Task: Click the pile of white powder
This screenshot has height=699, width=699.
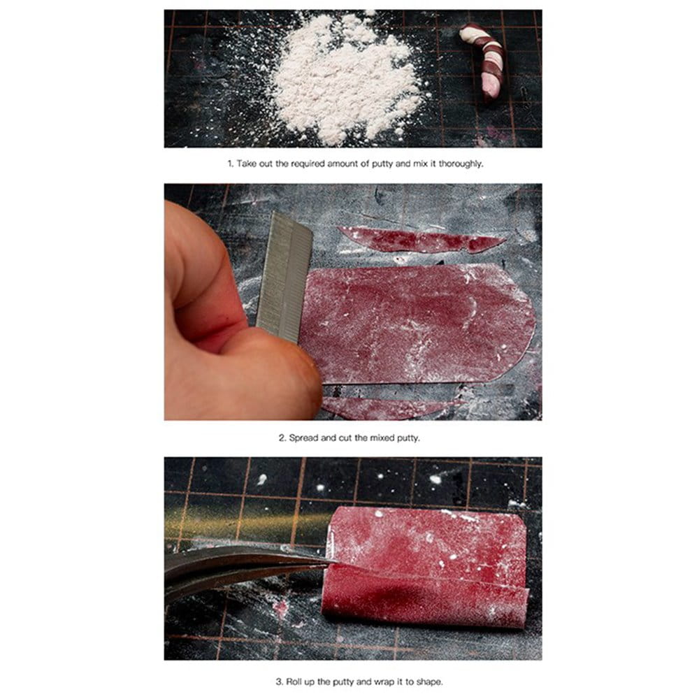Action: click(345, 80)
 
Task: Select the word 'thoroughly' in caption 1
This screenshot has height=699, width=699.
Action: click(461, 164)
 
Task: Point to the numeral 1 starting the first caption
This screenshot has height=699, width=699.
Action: click(230, 164)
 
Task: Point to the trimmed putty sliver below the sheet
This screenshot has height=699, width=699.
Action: click(388, 408)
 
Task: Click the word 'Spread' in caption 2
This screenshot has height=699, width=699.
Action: click(303, 438)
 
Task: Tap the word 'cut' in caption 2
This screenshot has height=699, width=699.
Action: click(345, 438)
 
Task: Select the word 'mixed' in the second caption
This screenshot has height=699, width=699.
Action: click(383, 438)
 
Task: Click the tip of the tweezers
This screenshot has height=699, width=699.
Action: click(336, 562)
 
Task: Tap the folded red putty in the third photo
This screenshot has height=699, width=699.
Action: click(426, 566)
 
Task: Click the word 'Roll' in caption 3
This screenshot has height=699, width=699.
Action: click(294, 682)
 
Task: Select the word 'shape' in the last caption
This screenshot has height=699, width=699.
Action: click(429, 682)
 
